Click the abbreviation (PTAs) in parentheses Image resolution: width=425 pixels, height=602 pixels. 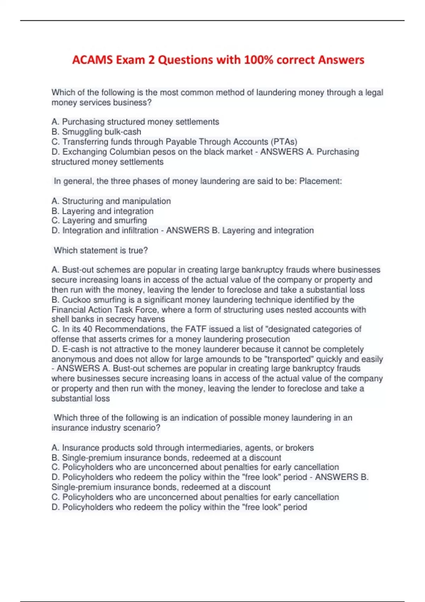click(x=284, y=142)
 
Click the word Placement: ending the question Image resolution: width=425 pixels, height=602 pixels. click(x=321, y=181)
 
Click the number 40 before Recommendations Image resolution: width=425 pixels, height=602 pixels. click(x=87, y=329)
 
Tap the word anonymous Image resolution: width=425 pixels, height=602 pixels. click(x=73, y=359)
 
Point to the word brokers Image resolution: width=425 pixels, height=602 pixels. click(x=299, y=448)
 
